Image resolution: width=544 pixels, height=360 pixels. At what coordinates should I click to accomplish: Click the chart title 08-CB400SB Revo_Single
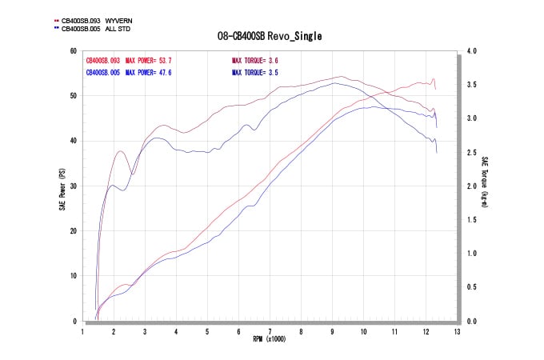(270, 36)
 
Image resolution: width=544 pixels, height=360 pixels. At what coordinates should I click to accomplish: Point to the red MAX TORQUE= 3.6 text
(255, 61)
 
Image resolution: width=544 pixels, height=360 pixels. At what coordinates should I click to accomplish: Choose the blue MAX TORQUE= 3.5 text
(255, 72)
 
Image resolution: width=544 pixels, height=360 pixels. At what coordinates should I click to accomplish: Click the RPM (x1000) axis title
(270, 338)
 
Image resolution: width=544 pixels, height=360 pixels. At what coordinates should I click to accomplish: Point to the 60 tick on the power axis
(73, 50)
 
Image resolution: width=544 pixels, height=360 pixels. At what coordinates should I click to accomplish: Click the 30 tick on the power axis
(73, 186)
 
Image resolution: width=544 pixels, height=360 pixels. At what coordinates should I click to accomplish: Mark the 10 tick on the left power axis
(73, 276)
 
